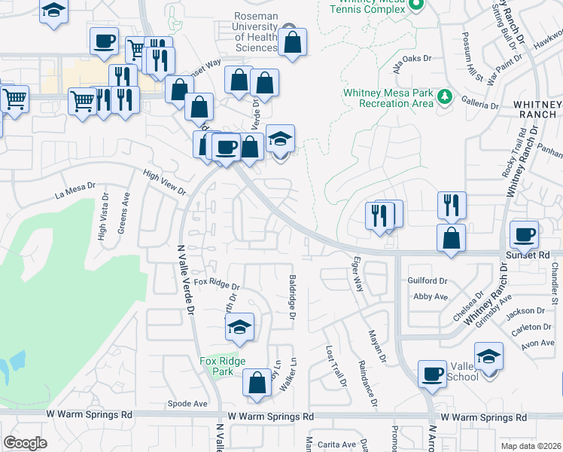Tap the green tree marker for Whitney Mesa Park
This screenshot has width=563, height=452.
[x=445, y=97]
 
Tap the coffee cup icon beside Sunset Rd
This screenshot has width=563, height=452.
[x=525, y=234]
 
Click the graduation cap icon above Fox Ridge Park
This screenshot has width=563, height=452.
[x=239, y=327]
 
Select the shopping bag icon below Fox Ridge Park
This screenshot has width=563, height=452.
[x=257, y=382]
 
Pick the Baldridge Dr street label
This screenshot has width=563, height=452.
[x=291, y=296]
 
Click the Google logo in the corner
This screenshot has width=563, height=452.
[x=25, y=443]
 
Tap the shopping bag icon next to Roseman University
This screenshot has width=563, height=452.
[x=293, y=42]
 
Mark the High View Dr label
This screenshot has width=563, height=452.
[x=164, y=182]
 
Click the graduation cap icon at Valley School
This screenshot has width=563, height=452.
[x=488, y=356]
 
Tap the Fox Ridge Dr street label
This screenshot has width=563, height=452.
[x=216, y=286]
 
